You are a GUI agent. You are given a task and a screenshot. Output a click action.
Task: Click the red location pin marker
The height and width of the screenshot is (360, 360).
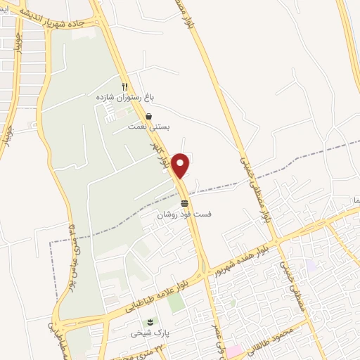[x=181, y=165]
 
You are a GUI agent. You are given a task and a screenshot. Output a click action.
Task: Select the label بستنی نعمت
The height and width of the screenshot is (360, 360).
[x=147, y=127]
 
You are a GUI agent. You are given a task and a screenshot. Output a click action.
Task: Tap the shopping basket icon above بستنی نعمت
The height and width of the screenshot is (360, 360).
[x=148, y=117]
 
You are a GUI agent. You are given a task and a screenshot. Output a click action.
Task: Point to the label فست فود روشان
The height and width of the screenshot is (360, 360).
[x=184, y=212]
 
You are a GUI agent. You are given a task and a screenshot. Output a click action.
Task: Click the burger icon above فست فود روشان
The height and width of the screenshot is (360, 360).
[x=184, y=202]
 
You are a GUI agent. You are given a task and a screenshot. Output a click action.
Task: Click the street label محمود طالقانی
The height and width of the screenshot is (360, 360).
[x=278, y=337]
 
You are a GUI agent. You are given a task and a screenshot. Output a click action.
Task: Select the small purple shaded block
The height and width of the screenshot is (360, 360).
[x=312, y=266]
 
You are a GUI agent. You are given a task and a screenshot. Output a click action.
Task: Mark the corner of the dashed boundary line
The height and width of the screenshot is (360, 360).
[x=50, y=243]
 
